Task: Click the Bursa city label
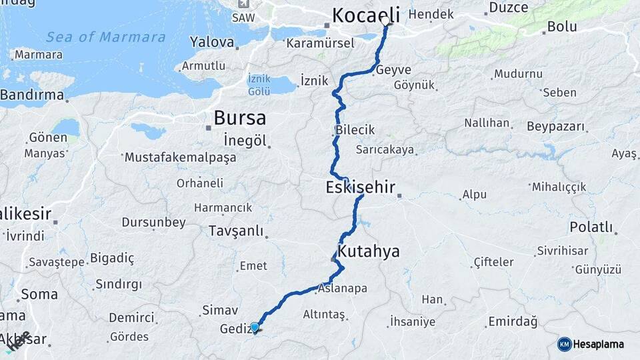point(239,118)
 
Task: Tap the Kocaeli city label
point(365,15)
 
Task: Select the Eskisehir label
point(360,187)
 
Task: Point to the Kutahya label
point(369,251)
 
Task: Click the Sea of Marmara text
point(106,37)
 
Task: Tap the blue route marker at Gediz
point(255,327)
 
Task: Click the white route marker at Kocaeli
point(385,22)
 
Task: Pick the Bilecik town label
point(355,130)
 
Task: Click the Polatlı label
point(591,227)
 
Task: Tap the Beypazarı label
point(555,127)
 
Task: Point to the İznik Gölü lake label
point(259,84)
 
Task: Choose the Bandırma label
point(31,95)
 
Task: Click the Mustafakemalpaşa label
point(180,158)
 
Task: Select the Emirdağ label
point(512,322)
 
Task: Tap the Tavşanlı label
point(236,231)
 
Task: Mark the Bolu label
point(561,27)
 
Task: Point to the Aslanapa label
point(342,289)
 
